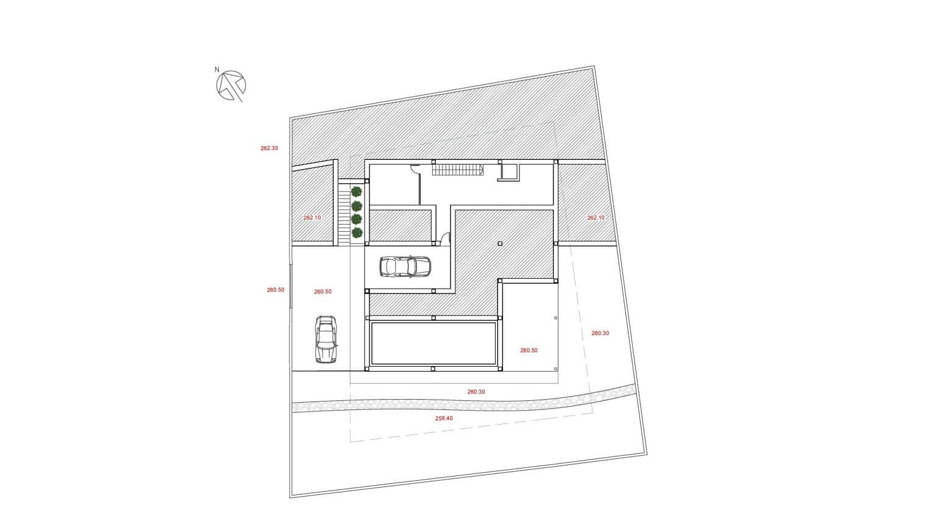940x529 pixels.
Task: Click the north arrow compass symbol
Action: pyautogui.click(x=231, y=85)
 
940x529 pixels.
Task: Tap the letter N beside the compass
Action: pyautogui.click(x=217, y=70)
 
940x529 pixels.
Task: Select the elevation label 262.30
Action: pyautogui.click(x=269, y=148)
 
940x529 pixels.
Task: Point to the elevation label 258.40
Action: pyautogui.click(x=444, y=419)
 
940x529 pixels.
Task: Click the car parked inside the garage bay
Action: pyautogui.click(x=405, y=267)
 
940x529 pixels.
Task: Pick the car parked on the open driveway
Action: pyautogui.click(x=326, y=339)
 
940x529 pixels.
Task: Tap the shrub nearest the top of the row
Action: pyautogui.click(x=357, y=192)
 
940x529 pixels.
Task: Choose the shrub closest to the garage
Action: pyautogui.click(x=357, y=232)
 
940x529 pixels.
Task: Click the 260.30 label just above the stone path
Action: pyautogui.click(x=476, y=392)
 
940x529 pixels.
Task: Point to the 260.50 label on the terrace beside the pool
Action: pyautogui.click(x=529, y=350)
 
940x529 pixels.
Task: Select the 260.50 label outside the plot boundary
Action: pyautogui.click(x=276, y=290)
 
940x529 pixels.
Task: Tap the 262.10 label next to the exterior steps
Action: pyautogui.click(x=312, y=218)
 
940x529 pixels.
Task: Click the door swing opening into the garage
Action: pyautogui.click(x=445, y=239)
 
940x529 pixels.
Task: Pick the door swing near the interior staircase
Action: pyautogui.click(x=415, y=169)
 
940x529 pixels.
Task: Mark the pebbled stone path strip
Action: pyautogui.click(x=463, y=403)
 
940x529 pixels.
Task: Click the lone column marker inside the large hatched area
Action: pyautogui.click(x=499, y=243)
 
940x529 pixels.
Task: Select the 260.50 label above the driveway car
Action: pyautogui.click(x=322, y=292)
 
